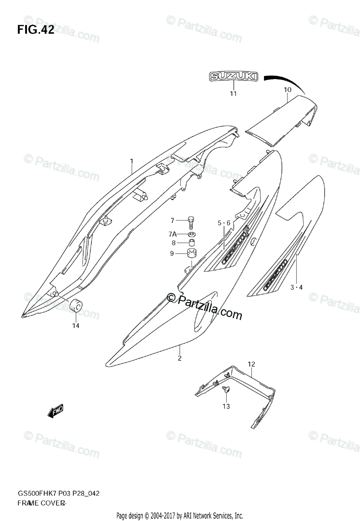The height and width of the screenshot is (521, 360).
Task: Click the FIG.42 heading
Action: pos(36,30)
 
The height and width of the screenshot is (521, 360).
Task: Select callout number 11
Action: pos(233,94)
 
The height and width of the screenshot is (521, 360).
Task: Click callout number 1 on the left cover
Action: pos(132,162)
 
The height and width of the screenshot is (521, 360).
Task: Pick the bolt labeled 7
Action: pos(191,221)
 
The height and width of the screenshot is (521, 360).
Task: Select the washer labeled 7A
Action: pos(191,234)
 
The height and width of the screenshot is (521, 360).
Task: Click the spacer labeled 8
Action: pos(191,243)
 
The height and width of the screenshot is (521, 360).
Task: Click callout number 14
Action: pos(76,326)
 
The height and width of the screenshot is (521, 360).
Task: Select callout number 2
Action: pos(179,358)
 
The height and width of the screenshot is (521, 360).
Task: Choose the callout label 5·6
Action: pos(225,223)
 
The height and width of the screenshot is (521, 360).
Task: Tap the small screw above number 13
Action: pos(225,389)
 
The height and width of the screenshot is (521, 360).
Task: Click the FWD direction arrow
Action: pos(56,410)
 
